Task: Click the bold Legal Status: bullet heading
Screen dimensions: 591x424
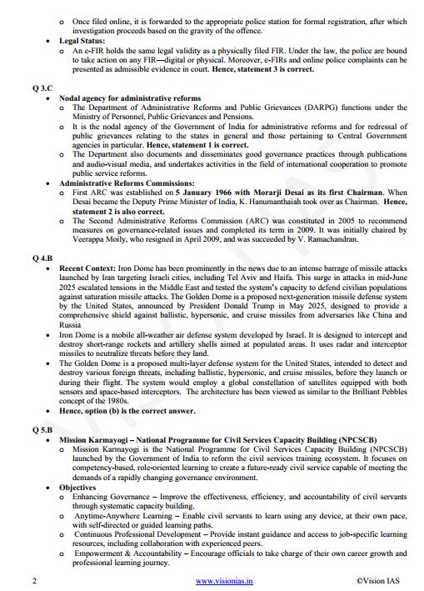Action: coord(82,39)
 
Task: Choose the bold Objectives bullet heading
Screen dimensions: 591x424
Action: coord(80,487)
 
